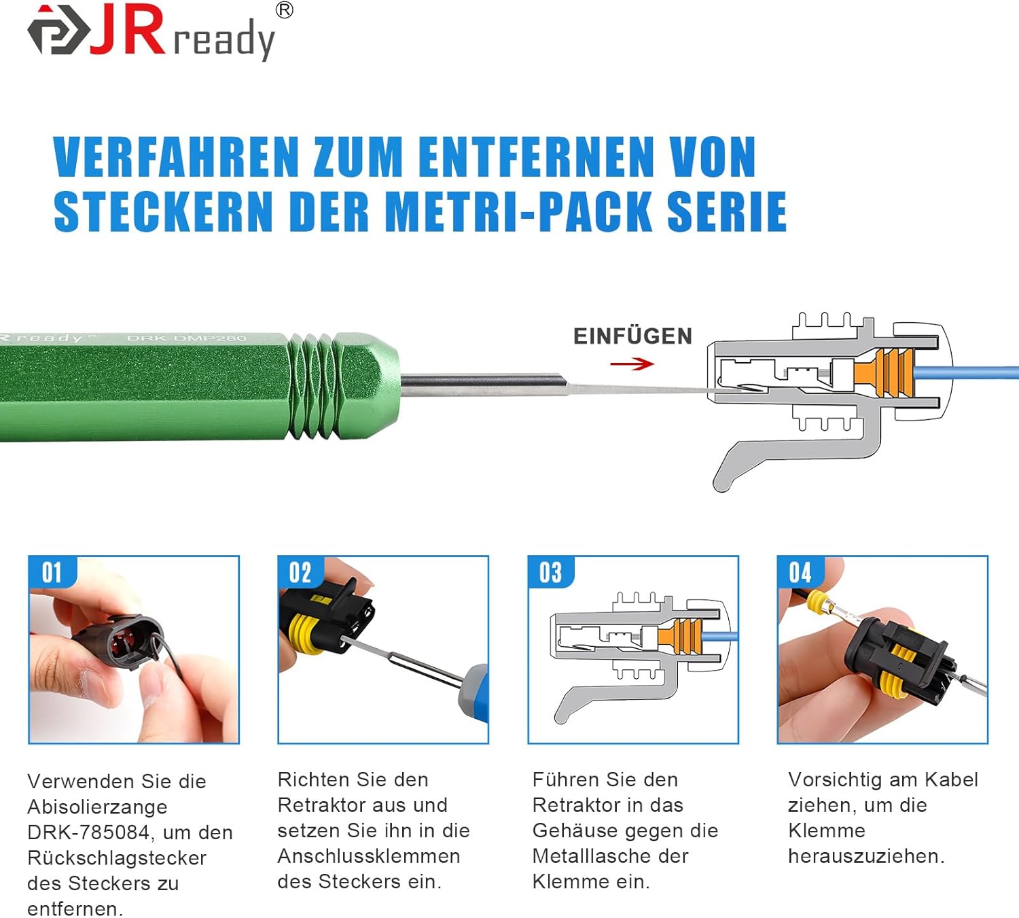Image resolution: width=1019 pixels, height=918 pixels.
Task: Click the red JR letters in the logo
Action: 127,29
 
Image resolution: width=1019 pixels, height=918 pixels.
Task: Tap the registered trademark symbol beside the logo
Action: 285,11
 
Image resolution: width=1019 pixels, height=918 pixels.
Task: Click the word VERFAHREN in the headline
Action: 176,157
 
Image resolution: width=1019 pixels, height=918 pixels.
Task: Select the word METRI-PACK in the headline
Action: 518,211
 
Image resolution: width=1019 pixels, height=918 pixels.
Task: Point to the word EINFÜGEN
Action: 632,336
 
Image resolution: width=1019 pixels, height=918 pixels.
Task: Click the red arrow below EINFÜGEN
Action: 632,364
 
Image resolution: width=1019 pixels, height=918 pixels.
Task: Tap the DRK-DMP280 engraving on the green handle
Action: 186,338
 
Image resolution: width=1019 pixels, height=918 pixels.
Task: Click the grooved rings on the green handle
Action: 312,387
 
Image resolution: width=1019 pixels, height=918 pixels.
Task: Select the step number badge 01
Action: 52,572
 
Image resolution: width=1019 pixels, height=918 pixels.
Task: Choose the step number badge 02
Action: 300,572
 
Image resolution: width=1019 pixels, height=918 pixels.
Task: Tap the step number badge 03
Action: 551,572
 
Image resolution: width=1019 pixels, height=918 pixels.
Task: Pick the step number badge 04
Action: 800,572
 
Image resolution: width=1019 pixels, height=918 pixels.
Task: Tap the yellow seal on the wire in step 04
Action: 819,603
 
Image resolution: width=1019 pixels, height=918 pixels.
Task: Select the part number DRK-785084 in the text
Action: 88,832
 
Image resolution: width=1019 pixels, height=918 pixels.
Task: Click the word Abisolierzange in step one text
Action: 98,807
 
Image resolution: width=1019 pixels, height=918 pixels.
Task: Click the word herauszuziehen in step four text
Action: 866,856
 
